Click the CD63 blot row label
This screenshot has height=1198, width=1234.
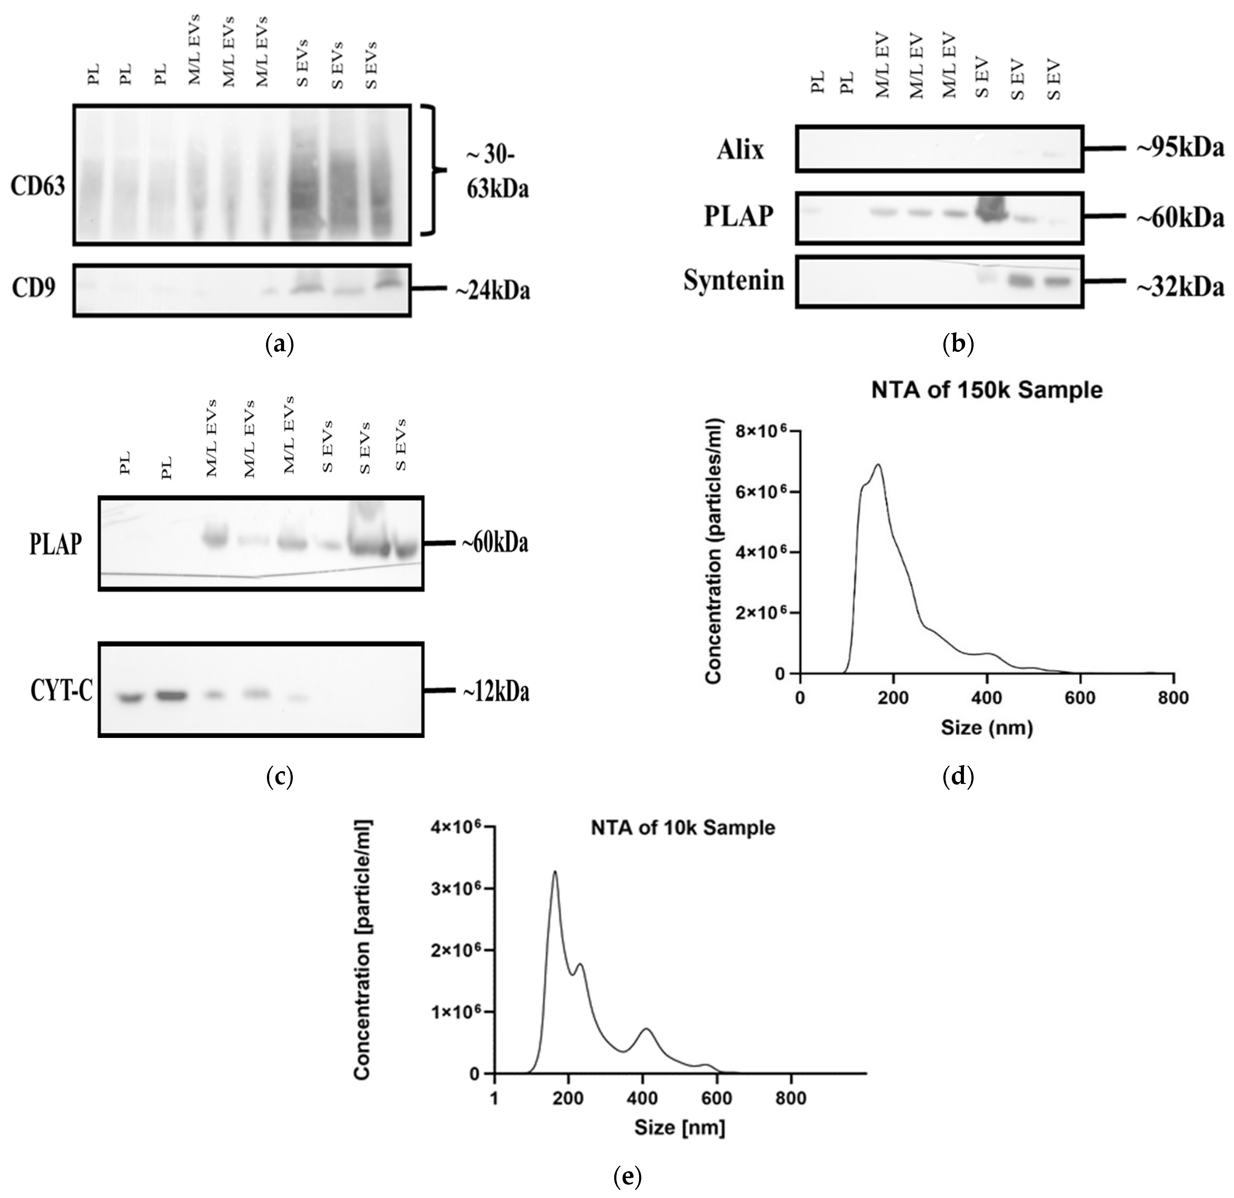coord(38,186)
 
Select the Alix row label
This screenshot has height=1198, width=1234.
coord(741,150)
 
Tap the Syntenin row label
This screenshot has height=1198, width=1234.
coord(734,281)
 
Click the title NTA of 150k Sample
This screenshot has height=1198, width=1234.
coord(987,390)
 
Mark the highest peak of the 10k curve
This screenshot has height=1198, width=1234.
coord(555,873)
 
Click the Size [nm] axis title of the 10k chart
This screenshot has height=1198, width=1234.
coord(679,1127)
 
